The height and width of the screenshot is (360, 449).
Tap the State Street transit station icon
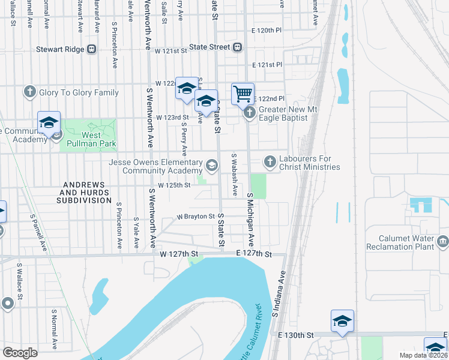tap(238, 47)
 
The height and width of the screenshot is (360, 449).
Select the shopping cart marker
tap(243, 94)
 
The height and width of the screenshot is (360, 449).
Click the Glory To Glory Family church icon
tap(29, 92)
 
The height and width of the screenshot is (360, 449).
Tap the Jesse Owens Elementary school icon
tap(211, 164)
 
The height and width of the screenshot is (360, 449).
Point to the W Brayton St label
tap(195, 216)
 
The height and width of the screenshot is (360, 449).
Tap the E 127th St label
tap(254, 254)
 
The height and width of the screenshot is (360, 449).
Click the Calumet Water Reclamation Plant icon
tap(443, 242)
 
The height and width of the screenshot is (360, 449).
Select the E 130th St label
tap(295, 334)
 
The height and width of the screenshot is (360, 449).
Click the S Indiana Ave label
tap(277, 296)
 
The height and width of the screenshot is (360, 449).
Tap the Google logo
tap(20, 353)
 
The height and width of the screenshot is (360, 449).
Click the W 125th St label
tap(174, 185)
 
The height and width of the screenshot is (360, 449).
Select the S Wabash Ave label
tap(235, 174)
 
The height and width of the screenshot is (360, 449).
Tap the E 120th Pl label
tap(267, 29)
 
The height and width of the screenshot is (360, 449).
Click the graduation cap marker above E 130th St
tap(342, 320)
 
